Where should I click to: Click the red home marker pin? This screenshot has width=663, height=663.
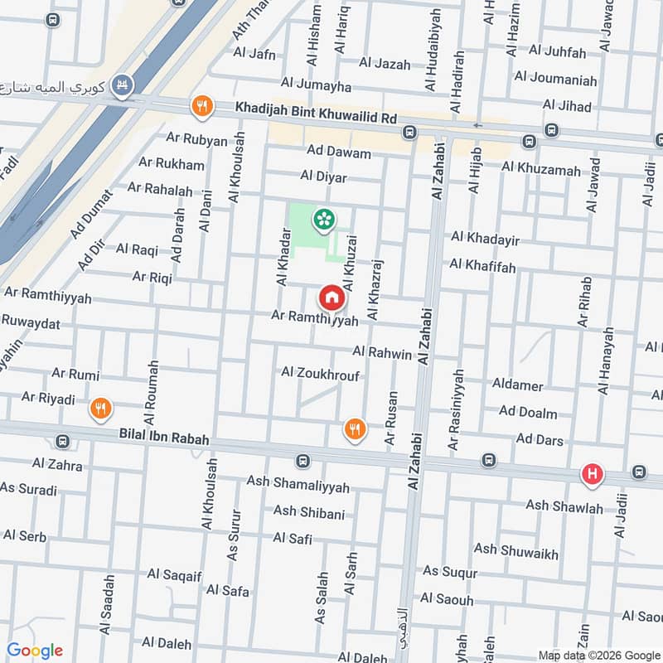coord(331,297)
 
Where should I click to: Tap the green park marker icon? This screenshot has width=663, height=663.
coord(322,220)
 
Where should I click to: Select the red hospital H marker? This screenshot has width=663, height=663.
coord(592,474)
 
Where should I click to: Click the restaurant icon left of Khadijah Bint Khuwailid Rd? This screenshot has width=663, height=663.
coord(201,106)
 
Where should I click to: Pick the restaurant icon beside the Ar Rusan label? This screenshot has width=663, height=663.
coord(355,428)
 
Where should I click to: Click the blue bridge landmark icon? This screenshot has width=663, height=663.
coord(123,85)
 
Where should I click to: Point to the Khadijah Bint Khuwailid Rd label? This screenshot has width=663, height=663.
coord(317,118)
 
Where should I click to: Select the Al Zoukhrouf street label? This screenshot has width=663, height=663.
coord(320,374)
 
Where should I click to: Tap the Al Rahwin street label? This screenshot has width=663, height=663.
coord(382,354)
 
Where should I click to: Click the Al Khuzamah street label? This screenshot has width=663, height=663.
coord(541,169)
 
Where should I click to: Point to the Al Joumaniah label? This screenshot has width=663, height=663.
coord(555,80)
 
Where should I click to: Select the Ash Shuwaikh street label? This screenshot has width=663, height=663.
coord(515,551)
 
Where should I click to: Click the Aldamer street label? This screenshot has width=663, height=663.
coord(517,386)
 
